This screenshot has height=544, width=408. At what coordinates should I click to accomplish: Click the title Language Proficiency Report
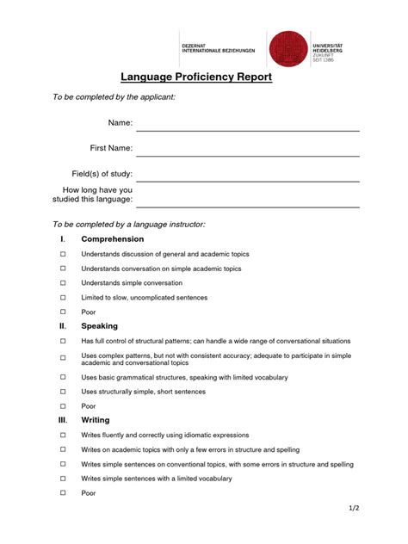pyautogui.click(x=196, y=77)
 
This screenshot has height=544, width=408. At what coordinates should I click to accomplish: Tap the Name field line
pyautogui.click(x=247, y=130)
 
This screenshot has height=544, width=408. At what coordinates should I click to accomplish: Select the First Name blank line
pyautogui.click(x=247, y=155)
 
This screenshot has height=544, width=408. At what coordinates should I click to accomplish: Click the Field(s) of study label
pyautogui.click(x=102, y=174)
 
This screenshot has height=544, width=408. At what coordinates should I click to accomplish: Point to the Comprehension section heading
pyautogui.click(x=112, y=238)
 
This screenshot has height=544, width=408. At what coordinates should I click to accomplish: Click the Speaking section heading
pyautogui.click(x=99, y=326)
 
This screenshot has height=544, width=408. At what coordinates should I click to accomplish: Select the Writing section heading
pyautogui.click(x=96, y=420)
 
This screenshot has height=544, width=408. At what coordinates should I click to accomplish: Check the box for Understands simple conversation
pyautogui.click(x=63, y=283)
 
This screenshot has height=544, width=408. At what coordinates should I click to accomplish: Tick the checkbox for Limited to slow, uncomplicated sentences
pyautogui.click(x=63, y=298)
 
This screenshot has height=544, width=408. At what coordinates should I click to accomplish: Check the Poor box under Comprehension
pyautogui.click(x=63, y=312)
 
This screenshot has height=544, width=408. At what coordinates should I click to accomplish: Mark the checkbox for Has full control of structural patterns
pyautogui.click(x=63, y=341)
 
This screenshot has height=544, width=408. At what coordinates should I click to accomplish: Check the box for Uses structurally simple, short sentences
pyautogui.click(x=63, y=392)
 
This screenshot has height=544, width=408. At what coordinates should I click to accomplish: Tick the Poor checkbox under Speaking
pyautogui.click(x=63, y=406)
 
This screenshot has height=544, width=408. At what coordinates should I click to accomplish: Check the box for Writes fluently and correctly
pyautogui.click(x=63, y=436)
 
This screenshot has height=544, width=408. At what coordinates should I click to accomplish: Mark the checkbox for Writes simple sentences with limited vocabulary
pyautogui.click(x=63, y=479)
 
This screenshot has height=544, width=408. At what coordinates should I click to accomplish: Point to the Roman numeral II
pyautogui.click(x=62, y=326)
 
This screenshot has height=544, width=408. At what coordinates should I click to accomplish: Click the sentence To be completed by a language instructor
pyautogui.click(x=129, y=224)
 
